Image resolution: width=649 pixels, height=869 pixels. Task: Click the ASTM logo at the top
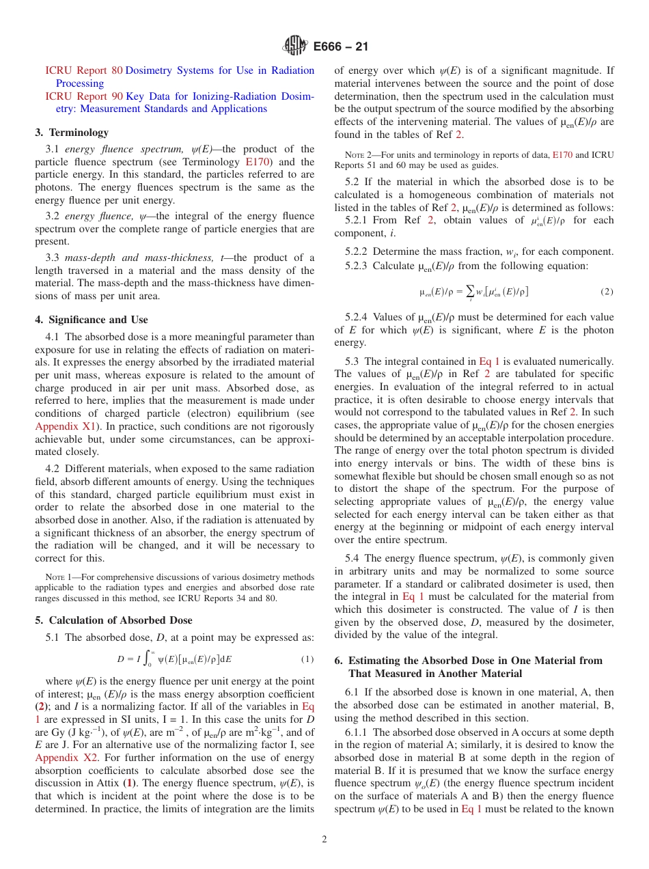[295, 46]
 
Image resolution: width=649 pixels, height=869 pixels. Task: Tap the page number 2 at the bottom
[324, 839]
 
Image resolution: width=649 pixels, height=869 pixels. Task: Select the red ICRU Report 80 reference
[84, 70]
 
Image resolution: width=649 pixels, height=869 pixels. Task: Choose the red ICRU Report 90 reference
[84, 96]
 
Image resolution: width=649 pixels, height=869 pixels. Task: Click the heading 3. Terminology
[72, 133]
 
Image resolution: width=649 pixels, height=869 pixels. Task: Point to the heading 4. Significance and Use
[92, 320]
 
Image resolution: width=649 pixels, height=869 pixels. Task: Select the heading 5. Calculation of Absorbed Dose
[113, 620]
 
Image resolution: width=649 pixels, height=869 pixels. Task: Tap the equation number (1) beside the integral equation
[307, 660]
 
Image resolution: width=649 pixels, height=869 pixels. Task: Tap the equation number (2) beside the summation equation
[607, 292]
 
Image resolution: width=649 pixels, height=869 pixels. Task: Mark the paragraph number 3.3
[53, 258]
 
